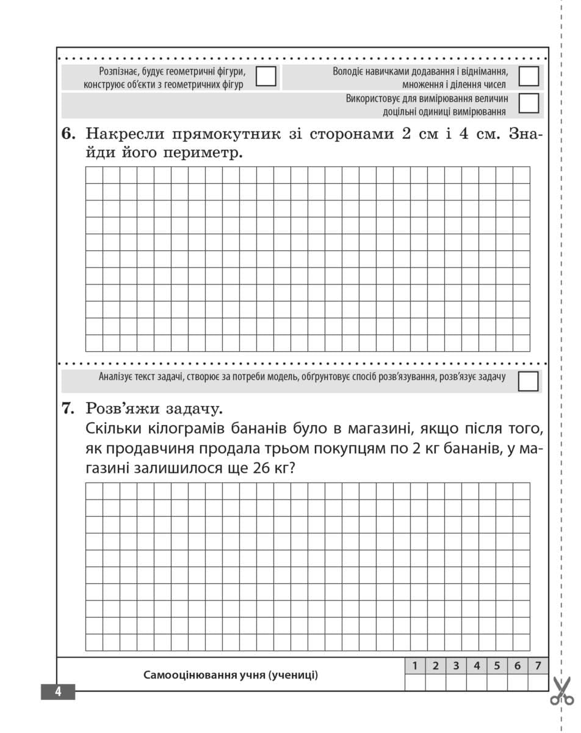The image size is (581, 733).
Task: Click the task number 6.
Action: point(68,134)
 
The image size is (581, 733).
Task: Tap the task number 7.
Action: point(68,408)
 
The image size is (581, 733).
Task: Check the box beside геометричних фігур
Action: point(265,76)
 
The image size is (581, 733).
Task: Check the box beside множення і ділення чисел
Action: point(529,76)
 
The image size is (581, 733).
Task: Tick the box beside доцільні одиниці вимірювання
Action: point(529,103)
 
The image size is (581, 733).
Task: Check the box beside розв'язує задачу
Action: point(529,381)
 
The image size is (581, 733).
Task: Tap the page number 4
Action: point(58,692)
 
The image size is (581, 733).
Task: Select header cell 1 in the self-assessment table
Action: point(415,666)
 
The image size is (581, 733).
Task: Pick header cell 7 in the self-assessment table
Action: point(538,666)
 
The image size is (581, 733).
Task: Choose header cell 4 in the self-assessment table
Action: point(477,666)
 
